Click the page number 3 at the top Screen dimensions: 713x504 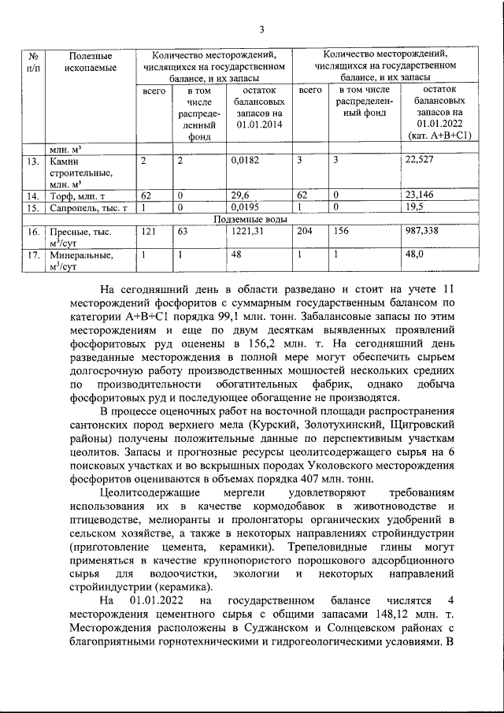click(x=261, y=30)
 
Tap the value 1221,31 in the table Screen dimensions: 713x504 click(x=248, y=232)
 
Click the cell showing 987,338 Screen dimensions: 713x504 click(x=424, y=232)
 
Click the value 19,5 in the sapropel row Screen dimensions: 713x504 click(x=414, y=209)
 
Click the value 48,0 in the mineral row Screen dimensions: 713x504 click(x=414, y=255)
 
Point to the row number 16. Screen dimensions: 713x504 click(x=32, y=232)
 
